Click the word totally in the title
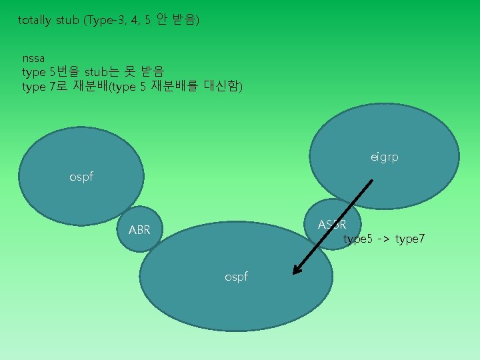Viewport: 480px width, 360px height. (x=34, y=20)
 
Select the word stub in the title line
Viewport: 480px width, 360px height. (x=67, y=20)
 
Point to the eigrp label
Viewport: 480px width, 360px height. (x=385, y=157)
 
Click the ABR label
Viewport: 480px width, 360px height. (x=139, y=231)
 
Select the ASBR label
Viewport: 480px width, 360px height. (x=331, y=225)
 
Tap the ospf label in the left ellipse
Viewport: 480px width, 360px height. (x=81, y=177)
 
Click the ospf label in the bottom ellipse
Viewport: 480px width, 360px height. (x=236, y=276)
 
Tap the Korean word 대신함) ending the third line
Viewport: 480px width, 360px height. (x=223, y=87)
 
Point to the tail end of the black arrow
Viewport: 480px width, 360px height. (x=372, y=179)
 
